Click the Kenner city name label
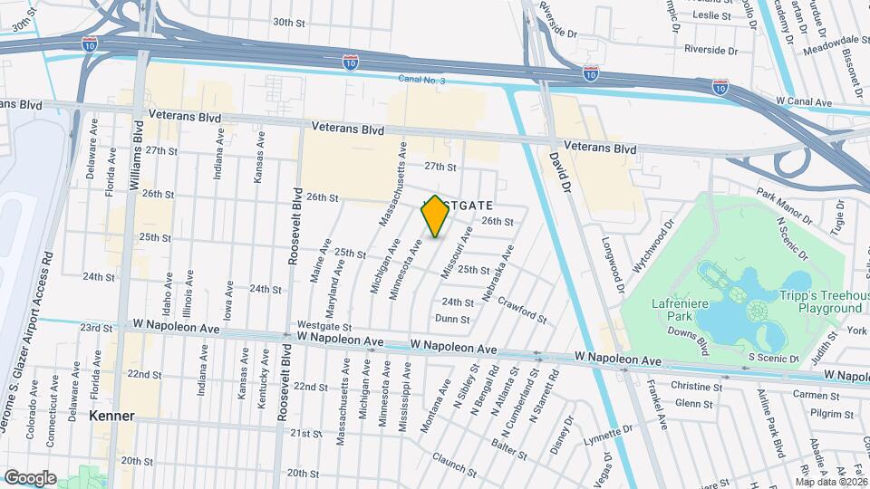(x=112, y=416)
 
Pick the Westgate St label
(x=324, y=326)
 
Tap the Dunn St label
(x=452, y=319)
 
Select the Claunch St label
(x=455, y=462)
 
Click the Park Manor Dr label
(x=785, y=206)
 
